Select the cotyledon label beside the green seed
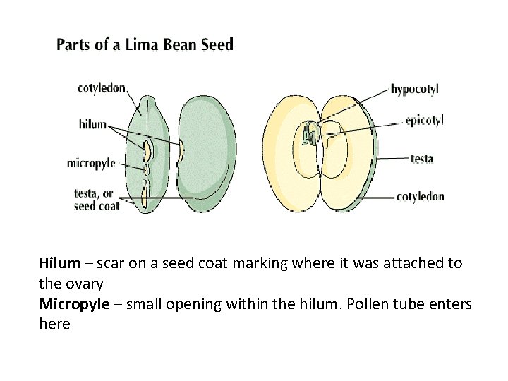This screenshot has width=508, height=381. [x=102, y=88]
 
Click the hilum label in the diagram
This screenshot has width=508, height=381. [x=92, y=124]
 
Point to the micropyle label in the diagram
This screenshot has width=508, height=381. [x=91, y=163]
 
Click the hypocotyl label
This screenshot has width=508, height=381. [x=414, y=90]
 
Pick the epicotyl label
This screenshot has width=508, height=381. [x=424, y=121]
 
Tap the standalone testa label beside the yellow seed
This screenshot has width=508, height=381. [x=422, y=158]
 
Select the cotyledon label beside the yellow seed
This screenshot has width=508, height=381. [x=421, y=196]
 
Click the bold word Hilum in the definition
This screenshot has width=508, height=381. [x=59, y=263]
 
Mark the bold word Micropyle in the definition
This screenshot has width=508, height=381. [x=74, y=304]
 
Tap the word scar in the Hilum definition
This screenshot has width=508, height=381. [x=111, y=263]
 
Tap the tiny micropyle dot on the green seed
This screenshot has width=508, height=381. [x=146, y=169]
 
